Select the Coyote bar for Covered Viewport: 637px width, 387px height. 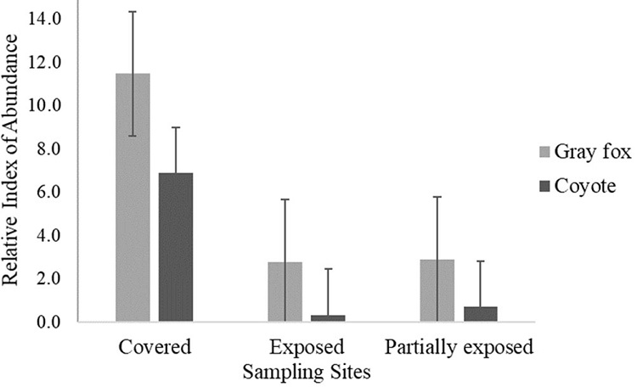tap(176, 247)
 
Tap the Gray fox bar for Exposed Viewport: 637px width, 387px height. tap(285, 291)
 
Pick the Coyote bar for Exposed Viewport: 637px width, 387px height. tap(328, 318)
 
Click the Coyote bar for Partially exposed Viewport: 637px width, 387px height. tap(481, 314)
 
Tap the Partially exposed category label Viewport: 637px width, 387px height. tap(459, 349)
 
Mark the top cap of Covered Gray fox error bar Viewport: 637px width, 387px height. tap(132, 12)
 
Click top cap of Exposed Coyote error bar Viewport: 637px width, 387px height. tap(328, 269)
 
